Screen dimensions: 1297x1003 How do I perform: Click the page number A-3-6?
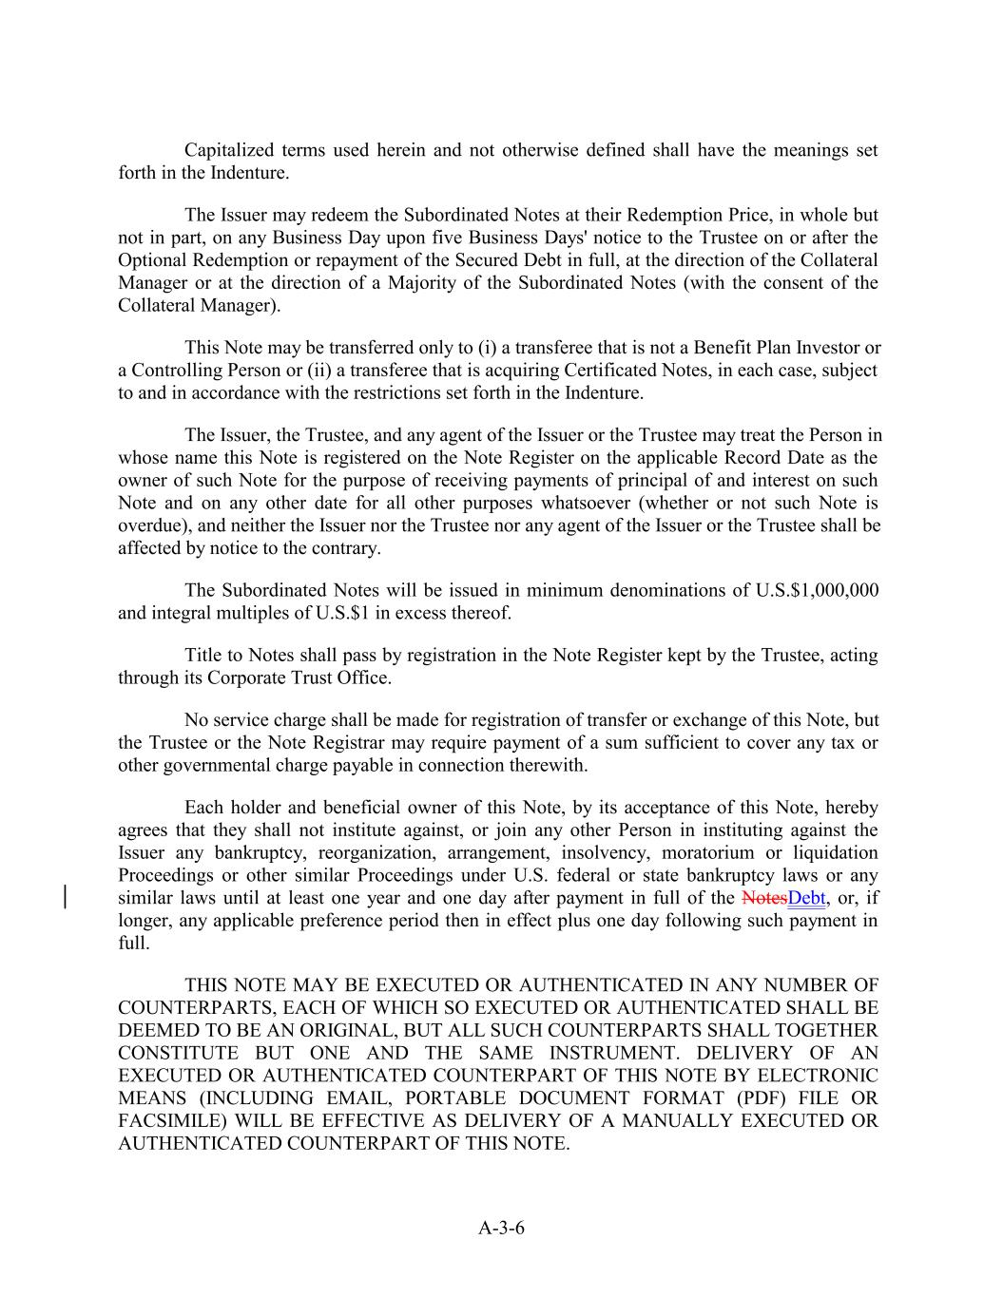click(501, 1228)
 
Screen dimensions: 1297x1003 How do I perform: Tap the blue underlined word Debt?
click(807, 898)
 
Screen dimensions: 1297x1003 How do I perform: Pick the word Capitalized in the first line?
click(229, 150)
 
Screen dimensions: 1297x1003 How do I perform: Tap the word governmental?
click(206, 765)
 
